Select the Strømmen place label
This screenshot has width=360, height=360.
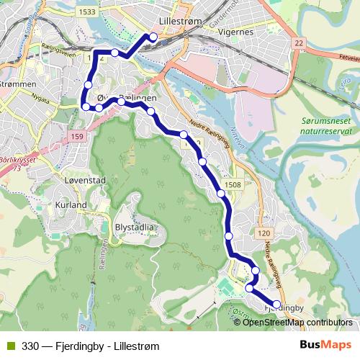coord(20,85)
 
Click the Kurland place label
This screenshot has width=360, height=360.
coord(71,204)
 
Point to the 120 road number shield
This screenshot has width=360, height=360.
coord(263,233)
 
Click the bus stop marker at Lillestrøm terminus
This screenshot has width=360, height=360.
coord(153,37)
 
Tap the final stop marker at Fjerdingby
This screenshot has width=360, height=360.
coord(276,306)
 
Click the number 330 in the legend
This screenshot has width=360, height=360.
coord(31,346)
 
